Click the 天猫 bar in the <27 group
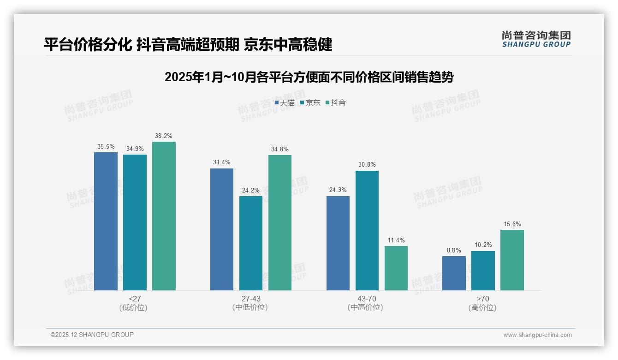pyautogui.click(x=106, y=221)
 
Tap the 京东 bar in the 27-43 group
pyautogui.click(x=250, y=243)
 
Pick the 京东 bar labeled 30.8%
pyautogui.click(x=367, y=230)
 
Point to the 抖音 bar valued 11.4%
pyautogui.click(x=396, y=268)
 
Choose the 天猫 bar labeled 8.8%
pyautogui.click(x=454, y=273)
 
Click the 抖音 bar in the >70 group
pyautogui.click(x=512, y=260)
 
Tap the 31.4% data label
pyautogui.click(x=222, y=162)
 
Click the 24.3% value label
pyautogui.click(x=338, y=190)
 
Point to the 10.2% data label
pyautogui.click(x=483, y=245)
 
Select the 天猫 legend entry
pyautogui.click(x=285, y=103)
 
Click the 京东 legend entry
pyautogui.click(x=310, y=103)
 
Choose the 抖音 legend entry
pyautogui.click(x=336, y=103)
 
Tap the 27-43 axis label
pyautogui.click(x=250, y=299)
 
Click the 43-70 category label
pyautogui.click(x=367, y=299)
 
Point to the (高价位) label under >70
pyautogui.click(x=482, y=308)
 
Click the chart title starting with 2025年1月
pyautogui.click(x=309, y=77)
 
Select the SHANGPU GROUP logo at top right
pyautogui.click(x=536, y=39)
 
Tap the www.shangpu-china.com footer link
pyautogui.click(x=537, y=335)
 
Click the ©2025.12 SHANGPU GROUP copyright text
pyautogui.click(x=92, y=335)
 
